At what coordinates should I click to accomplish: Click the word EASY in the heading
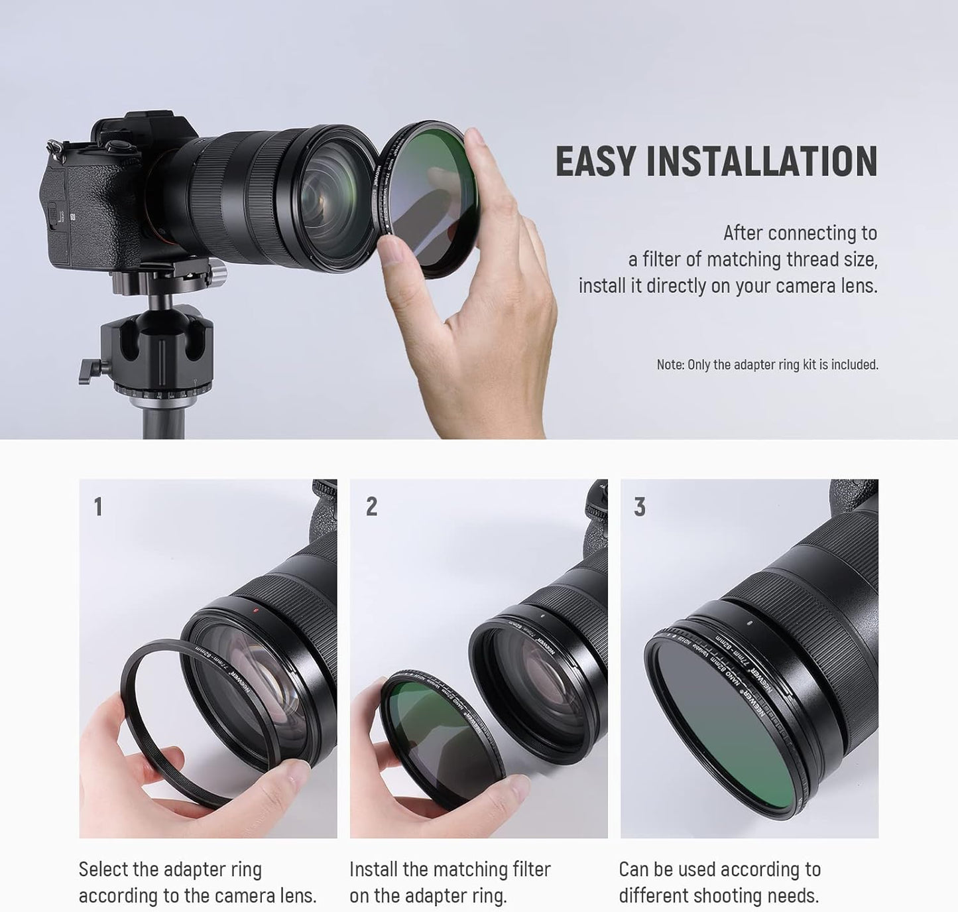[594, 162]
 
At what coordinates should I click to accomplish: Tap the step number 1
[98, 507]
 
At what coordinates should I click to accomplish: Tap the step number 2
[371, 507]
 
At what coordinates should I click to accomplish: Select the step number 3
[639, 507]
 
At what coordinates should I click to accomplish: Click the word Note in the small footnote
[669, 365]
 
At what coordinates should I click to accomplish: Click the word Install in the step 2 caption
[373, 870]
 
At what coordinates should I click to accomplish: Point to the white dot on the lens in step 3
[748, 623]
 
